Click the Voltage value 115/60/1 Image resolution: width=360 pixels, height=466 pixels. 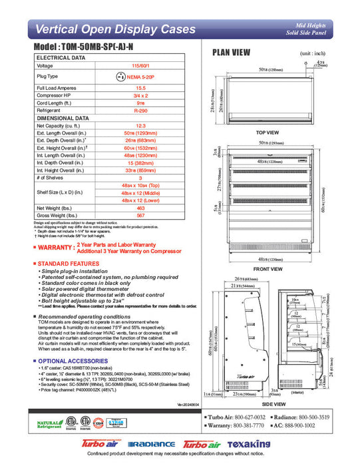(x=140, y=66)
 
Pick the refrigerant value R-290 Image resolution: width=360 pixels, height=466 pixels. (x=140, y=110)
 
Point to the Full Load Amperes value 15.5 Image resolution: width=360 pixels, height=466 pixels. (x=140, y=88)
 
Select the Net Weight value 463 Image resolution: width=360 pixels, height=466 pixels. (x=140, y=208)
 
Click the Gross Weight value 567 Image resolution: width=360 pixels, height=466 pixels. (x=140, y=216)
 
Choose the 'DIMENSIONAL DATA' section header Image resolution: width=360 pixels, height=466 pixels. (x=63, y=117)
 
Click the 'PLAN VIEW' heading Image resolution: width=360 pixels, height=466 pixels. (x=231, y=53)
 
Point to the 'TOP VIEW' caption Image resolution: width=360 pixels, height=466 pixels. (x=267, y=132)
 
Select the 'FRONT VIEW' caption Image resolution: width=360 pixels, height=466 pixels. (x=267, y=269)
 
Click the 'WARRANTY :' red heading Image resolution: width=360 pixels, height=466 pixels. (x=53, y=247)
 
